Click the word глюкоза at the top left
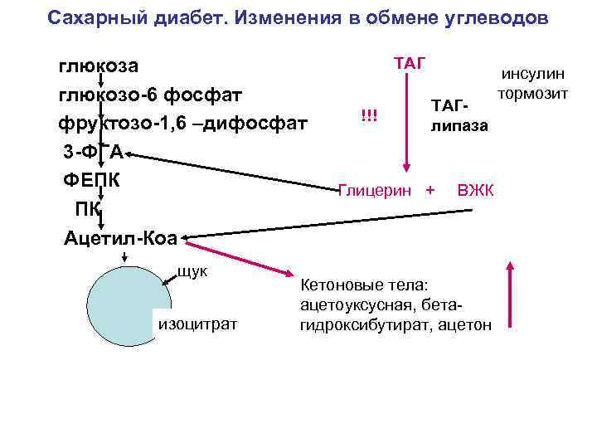coord(98,66)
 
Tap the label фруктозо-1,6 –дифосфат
coord(182,124)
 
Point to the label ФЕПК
coord(93,180)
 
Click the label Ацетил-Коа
coord(121,239)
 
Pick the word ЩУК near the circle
coord(192,270)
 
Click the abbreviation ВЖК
coord(475,191)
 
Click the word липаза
coord(459,127)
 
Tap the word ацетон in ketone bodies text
coord(466,326)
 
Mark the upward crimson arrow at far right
coord(510,299)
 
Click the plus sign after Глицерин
coord(430,191)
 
